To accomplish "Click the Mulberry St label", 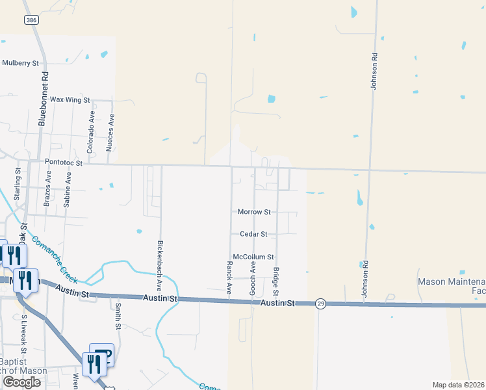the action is [21, 63].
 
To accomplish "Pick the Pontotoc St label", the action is [64, 162].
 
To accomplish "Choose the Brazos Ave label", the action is [48, 189].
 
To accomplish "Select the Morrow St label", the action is [254, 212].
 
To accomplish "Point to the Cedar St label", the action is [254, 234].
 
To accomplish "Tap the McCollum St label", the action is [253, 257].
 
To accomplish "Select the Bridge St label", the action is [276, 280].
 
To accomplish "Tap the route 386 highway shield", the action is [31, 21].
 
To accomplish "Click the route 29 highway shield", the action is [320, 304].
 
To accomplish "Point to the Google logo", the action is [22, 382].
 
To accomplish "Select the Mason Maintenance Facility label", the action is [452, 287].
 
